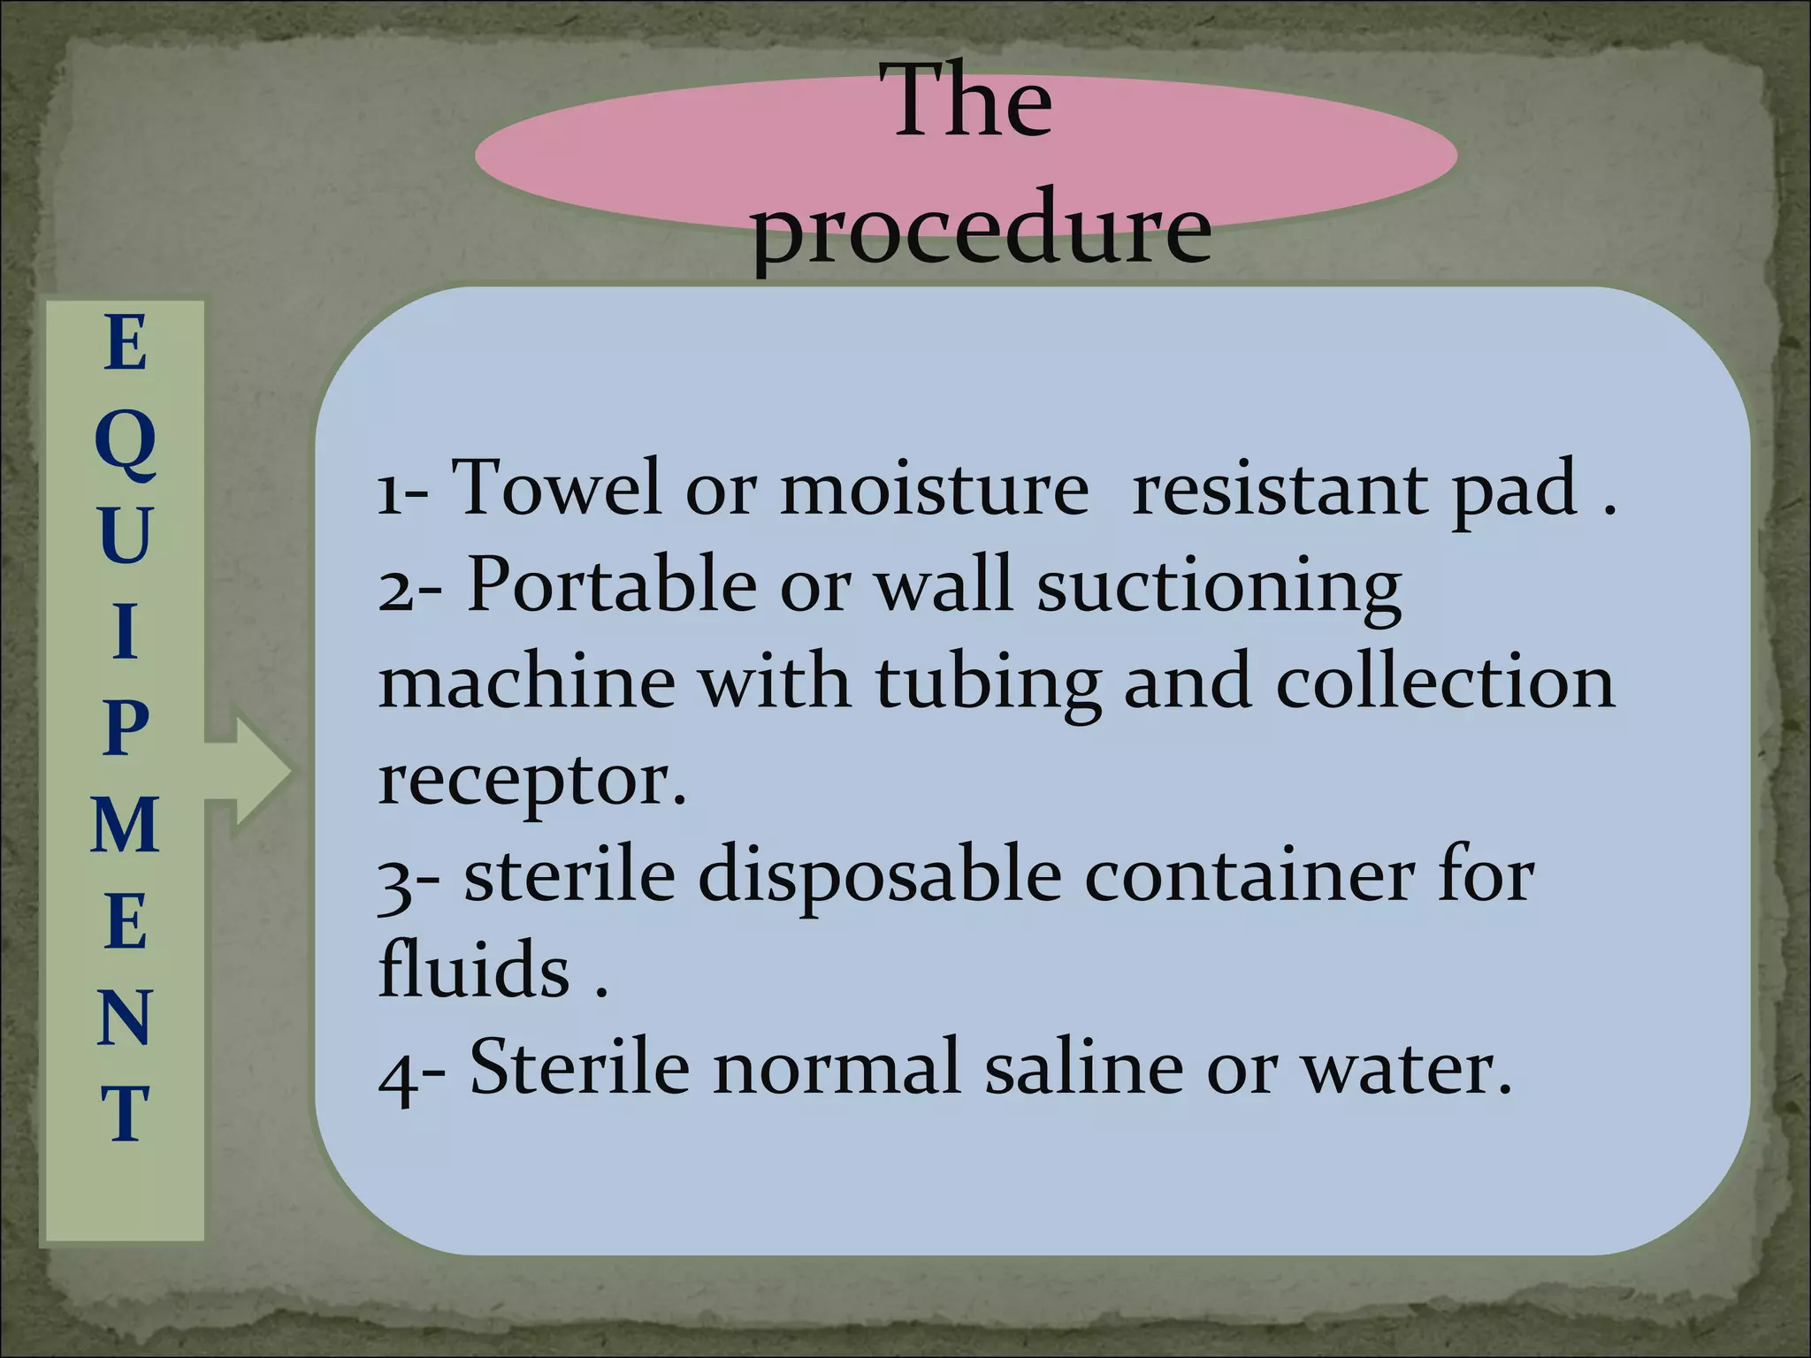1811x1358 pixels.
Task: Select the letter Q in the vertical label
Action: pos(126,443)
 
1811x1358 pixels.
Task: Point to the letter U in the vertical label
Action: pos(125,536)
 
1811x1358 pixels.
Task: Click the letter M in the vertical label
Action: pos(125,824)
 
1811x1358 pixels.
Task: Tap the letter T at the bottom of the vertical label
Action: pos(125,1113)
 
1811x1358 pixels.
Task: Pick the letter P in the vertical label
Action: pos(125,729)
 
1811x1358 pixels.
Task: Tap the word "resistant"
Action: pos(1280,489)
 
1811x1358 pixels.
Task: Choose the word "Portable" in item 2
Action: pos(612,584)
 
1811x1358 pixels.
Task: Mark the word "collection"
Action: pos(1445,683)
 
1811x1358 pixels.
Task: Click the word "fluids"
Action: pos(474,970)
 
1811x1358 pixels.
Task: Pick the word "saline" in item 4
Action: pos(1083,1067)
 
